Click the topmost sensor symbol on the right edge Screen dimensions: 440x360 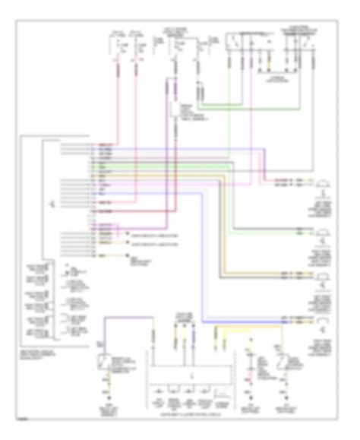(324, 183)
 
